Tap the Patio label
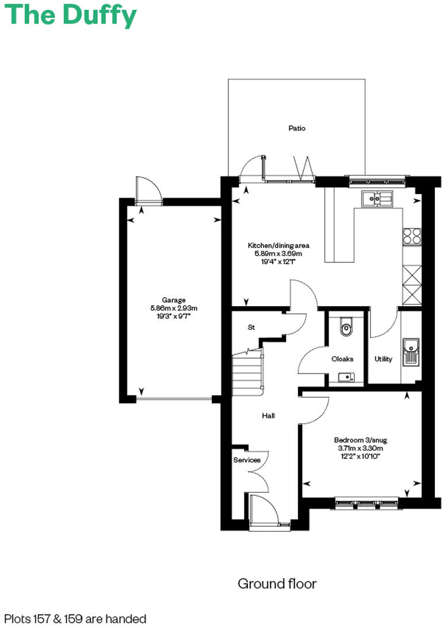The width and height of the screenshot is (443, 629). [297, 128]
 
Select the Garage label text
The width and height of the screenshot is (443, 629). [173, 300]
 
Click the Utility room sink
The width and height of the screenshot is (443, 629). [411, 352]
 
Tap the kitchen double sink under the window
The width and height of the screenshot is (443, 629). [377, 199]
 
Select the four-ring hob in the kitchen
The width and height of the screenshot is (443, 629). [412, 237]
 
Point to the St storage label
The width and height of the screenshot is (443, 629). [251, 327]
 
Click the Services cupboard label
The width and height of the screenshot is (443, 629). [247, 460]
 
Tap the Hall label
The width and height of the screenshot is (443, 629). [268, 415]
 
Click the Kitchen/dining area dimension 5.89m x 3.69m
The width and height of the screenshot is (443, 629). [274, 253]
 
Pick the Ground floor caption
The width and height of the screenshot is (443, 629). [277, 584]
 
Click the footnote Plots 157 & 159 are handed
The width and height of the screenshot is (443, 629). [75, 619]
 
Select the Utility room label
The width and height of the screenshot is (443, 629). [383, 359]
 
